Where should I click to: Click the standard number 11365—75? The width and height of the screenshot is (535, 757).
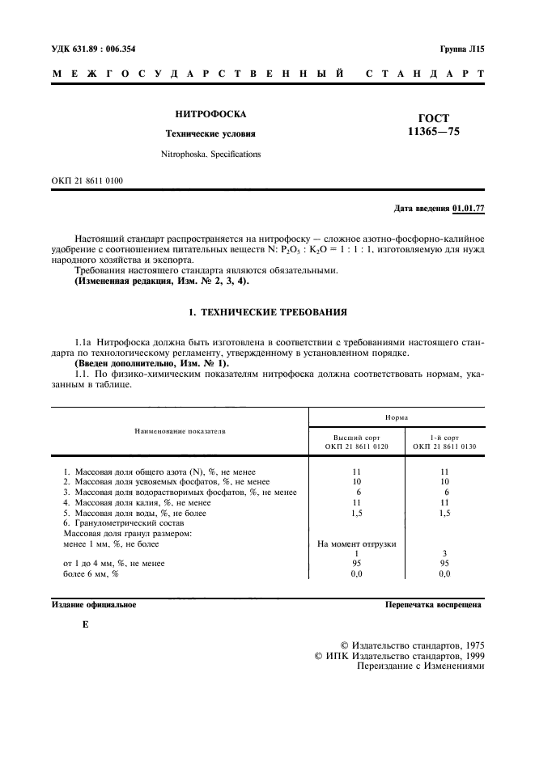coord(434,133)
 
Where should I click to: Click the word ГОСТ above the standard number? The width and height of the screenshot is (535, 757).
coord(434,118)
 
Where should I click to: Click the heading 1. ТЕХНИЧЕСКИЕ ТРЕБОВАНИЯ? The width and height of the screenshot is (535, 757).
coord(267,311)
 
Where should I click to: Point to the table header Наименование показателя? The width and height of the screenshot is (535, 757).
coord(180,431)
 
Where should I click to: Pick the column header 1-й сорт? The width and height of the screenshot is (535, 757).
coord(444,436)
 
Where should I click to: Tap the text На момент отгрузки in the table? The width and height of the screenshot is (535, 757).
coord(357,544)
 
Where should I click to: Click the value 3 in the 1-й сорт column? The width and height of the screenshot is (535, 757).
coord(444,553)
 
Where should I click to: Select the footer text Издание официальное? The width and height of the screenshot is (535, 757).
coord(94,604)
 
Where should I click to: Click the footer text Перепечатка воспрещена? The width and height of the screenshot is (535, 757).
coord(433,604)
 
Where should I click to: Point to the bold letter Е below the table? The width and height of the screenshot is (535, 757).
coord(85,625)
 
